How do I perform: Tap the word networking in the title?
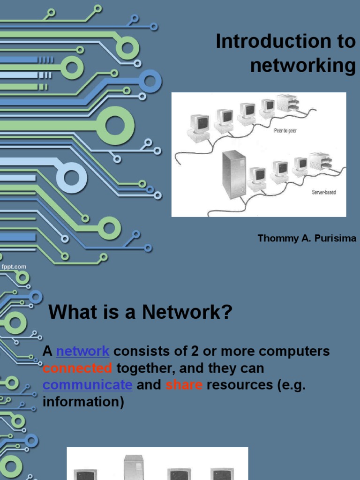pyautogui.click(x=303, y=66)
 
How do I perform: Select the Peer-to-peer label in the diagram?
pyautogui.click(x=285, y=131)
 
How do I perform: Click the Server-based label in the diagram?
pyautogui.click(x=323, y=192)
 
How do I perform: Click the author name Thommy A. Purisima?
pyautogui.click(x=307, y=239)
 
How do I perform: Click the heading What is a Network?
pyautogui.click(x=141, y=312)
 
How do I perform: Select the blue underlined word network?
pyautogui.click(x=82, y=351)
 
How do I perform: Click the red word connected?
pyautogui.click(x=77, y=368)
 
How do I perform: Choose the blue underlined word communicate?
pyautogui.click(x=88, y=385)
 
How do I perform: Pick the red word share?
pyautogui.click(x=184, y=385)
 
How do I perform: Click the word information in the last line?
pyautogui.click(x=83, y=402)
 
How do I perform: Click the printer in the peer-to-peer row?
pyautogui.click(x=287, y=103)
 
